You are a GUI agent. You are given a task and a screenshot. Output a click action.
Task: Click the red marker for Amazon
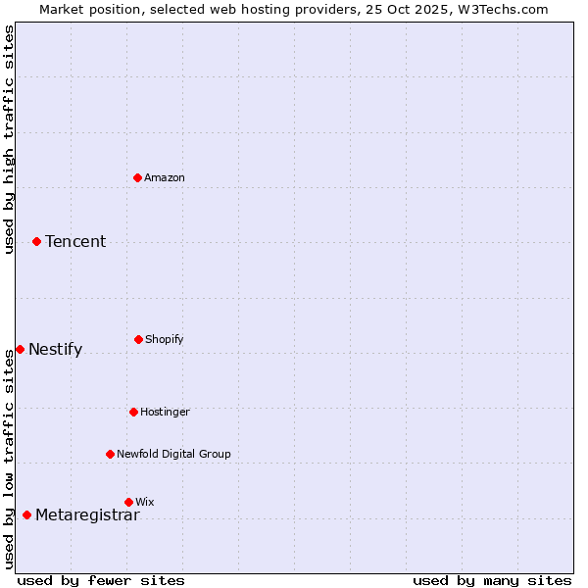[x=138, y=177]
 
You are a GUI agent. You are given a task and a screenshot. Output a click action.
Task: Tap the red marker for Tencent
[x=36, y=241]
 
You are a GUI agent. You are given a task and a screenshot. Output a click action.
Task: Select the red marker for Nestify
[x=20, y=349]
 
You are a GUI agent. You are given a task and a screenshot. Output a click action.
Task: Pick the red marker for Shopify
[x=138, y=339]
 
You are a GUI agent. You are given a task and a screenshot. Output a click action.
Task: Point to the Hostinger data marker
[x=133, y=412]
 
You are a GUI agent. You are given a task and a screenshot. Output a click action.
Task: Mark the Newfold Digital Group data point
[x=110, y=454]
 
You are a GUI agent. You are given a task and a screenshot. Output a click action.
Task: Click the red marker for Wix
[x=128, y=502]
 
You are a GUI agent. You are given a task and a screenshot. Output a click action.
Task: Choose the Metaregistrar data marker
[x=26, y=514]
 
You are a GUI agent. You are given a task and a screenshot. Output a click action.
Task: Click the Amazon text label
[x=165, y=177]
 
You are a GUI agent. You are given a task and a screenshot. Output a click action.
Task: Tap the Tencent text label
[x=75, y=241]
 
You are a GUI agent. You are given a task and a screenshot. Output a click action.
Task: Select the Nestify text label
[x=55, y=349]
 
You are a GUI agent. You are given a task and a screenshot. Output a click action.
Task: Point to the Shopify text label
[x=165, y=339]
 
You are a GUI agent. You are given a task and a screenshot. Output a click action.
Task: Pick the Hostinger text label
[x=165, y=412]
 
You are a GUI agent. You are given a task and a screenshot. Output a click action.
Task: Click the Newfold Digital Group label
[x=173, y=454]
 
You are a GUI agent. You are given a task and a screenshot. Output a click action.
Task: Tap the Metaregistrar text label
[x=87, y=514]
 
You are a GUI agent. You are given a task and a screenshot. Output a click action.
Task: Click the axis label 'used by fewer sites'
[x=101, y=580]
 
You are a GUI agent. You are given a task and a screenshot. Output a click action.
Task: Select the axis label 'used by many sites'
[x=492, y=580]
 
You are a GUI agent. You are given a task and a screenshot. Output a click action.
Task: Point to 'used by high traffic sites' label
[x=9, y=139]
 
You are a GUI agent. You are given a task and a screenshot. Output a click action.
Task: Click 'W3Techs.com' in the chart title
[x=500, y=9]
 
